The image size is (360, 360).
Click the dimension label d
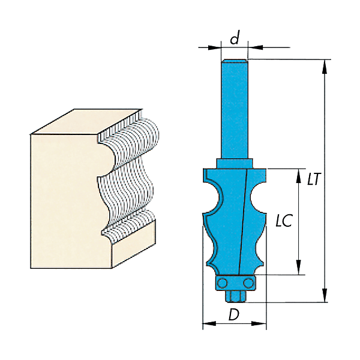click(235, 37)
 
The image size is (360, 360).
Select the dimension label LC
click(284, 220)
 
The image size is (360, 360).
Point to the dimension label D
click(234, 314)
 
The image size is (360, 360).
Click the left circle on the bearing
click(222, 283)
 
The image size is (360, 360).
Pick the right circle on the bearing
click(248, 283)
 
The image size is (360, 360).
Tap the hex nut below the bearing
click(235, 296)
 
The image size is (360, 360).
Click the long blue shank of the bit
click(235, 109)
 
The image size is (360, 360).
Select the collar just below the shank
click(235, 164)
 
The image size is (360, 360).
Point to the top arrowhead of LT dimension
click(324, 67)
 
